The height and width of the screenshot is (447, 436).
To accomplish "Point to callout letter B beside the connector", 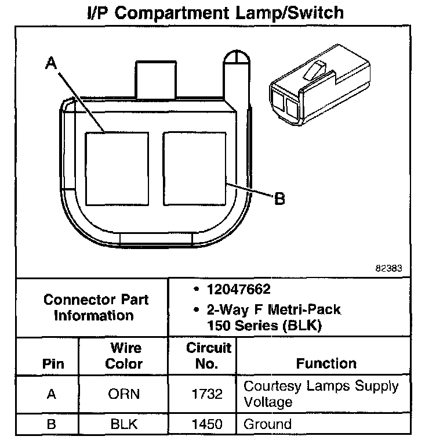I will click(279, 199).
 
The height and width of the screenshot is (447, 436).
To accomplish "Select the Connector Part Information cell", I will click(96, 308).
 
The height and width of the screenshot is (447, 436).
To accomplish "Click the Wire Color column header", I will click(125, 356).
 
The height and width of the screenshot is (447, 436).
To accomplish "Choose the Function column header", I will click(326, 363).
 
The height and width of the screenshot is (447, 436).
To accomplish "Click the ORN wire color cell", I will click(125, 394).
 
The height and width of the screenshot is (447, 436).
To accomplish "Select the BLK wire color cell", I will click(125, 424).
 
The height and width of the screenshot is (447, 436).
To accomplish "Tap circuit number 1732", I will click(207, 394).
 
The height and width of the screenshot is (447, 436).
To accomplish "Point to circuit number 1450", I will click(207, 424).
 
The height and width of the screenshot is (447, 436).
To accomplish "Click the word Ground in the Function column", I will click(267, 424).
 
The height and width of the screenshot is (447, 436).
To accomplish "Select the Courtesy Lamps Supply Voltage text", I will click(321, 394).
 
